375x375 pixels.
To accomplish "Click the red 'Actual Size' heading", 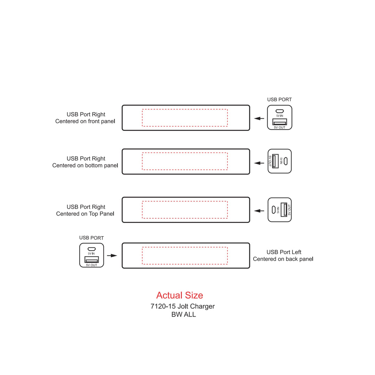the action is (x=180, y=295).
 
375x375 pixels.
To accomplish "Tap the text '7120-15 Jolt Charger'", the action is (x=183, y=306).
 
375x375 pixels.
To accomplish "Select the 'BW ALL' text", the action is (x=184, y=315).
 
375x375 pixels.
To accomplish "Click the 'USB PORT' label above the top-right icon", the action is (x=279, y=100).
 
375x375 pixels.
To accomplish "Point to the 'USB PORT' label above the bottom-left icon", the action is (x=91, y=238).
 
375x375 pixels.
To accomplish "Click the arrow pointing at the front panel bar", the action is (x=259, y=118).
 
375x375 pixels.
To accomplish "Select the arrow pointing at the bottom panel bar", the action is (x=259, y=163).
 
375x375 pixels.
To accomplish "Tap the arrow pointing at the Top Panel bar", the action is (x=259, y=211).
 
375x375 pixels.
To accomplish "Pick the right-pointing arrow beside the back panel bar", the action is (x=112, y=256).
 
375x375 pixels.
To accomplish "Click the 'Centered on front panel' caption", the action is (x=85, y=121).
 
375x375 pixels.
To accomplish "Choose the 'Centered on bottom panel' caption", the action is (x=85, y=166).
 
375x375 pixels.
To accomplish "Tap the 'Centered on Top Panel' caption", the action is (x=85, y=214).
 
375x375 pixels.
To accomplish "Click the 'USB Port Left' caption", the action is (x=284, y=252).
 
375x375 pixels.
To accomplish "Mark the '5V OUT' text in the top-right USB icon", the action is (x=280, y=127).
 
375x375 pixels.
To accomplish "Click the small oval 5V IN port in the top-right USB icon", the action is (x=280, y=111).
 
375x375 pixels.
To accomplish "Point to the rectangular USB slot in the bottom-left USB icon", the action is (x=92, y=259).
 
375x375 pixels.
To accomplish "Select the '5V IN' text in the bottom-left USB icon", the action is (x=91, y=253).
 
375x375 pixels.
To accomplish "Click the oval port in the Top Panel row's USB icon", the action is (x=274, y=210).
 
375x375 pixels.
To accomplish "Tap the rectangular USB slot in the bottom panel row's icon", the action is (x=275, y=161).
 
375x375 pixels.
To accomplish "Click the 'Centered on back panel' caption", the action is (x=283, y=259).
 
